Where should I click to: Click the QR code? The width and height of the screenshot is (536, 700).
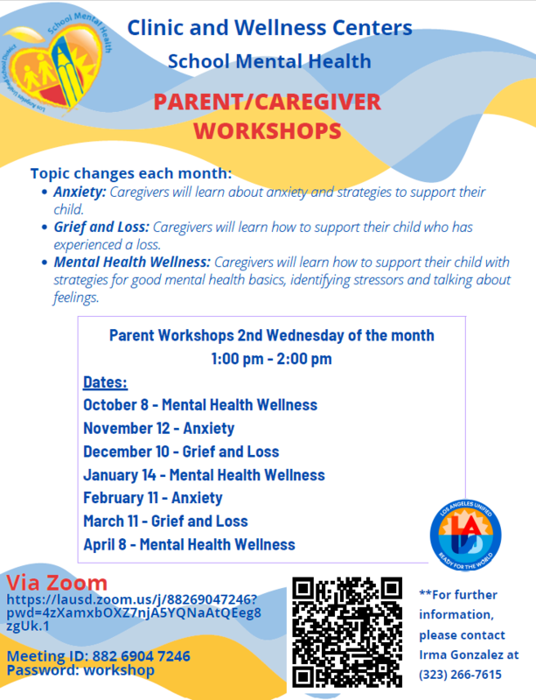(x=347, y=632)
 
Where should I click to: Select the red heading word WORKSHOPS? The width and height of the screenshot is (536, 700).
(x=267, y=132)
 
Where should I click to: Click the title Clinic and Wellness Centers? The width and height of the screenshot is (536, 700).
(x=270, y=28)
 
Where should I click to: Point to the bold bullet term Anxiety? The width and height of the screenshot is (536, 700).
(x=80, y=192)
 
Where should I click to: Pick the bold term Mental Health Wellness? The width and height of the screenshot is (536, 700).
(x=132, y=262)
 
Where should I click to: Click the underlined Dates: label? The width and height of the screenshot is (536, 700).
(x=105, y=382)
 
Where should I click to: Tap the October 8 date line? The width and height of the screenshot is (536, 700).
(x=200, y=405)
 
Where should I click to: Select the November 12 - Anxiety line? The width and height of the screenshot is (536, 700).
(x=159, y=429)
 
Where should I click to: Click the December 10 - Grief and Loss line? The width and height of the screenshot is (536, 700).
(x=181, y=451)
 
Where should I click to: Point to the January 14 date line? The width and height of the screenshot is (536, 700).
(x=204, y=475)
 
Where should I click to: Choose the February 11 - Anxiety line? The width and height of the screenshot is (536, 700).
(x=153, y=498)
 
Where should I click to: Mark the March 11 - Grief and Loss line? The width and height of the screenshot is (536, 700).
(x=165, y=521)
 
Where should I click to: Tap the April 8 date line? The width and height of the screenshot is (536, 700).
(x=189, y=544)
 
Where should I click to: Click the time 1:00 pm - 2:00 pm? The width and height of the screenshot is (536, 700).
(x=271, y=359)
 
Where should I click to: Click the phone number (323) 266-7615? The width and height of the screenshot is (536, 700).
(x=460, y=674)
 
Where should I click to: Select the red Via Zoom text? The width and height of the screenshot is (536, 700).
(x=57, y=583)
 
